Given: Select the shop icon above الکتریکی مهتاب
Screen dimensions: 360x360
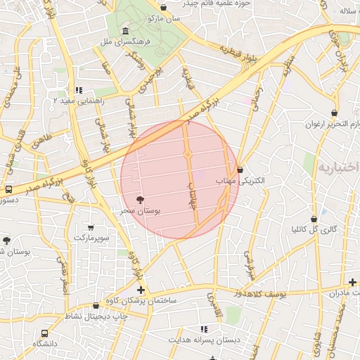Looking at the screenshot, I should [x=240, y=169].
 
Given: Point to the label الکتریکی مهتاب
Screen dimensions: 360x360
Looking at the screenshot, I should [x=243, y=181].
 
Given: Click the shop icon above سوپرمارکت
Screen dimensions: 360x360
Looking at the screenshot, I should [x=91, y=227].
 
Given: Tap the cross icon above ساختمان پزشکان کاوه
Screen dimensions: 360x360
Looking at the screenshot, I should [x=141, y=290].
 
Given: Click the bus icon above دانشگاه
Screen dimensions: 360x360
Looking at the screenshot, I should [x=45, y=333].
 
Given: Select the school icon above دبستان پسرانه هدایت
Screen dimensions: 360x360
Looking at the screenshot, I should [x=205, y=329].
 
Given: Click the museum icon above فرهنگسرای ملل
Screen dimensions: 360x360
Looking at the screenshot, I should [x=125, y=32].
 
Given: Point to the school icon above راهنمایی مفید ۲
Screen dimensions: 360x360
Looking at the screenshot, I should [x=79, y=90].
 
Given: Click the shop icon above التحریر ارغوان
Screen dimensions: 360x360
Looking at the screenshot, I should [x=335, y=112].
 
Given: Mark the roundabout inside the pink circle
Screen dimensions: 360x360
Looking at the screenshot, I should [x=188, y=154].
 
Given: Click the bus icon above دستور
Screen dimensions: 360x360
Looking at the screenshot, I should [x=8, y=189].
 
